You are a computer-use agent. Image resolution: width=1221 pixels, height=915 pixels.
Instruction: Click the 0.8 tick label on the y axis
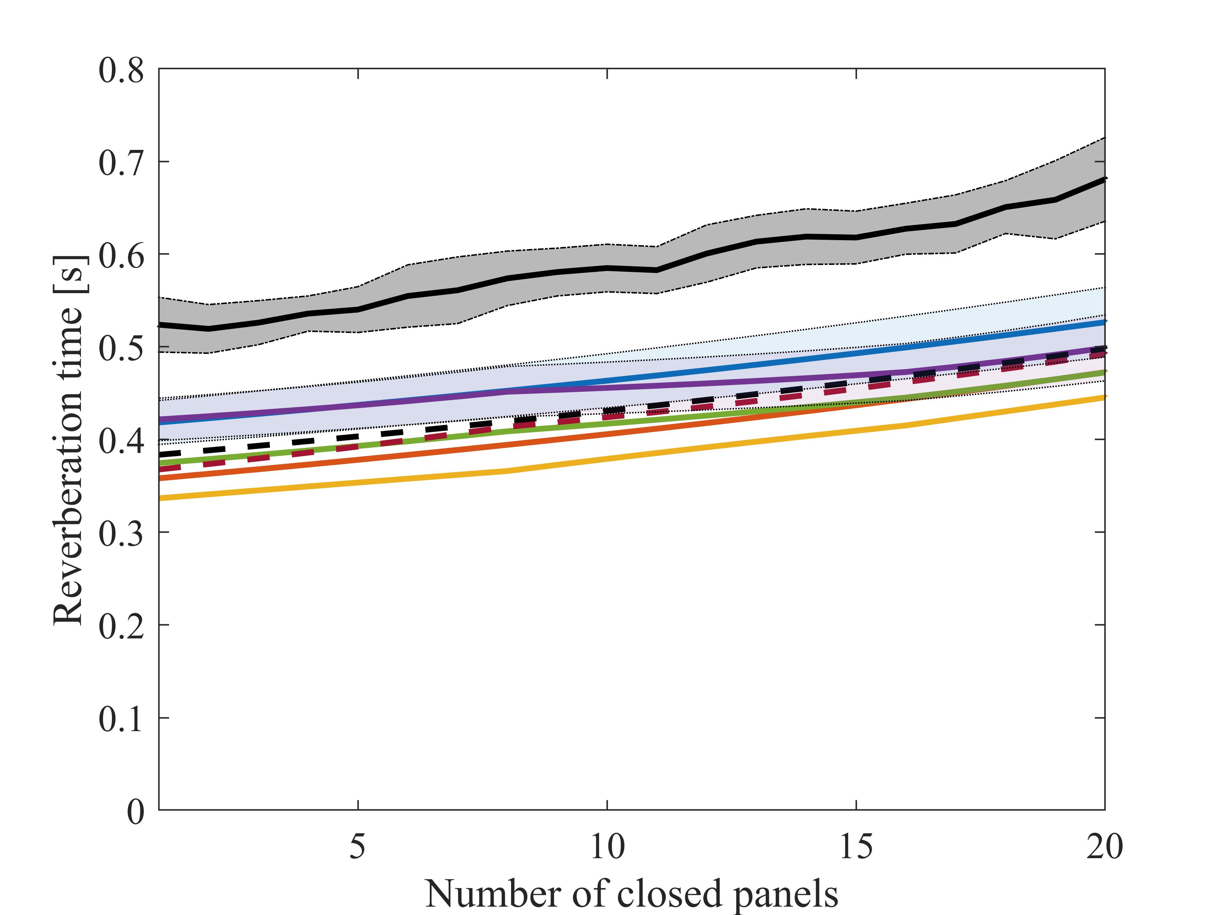[x=121, y=71]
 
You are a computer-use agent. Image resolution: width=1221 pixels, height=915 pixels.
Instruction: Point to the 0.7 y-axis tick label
[x=121, y=163]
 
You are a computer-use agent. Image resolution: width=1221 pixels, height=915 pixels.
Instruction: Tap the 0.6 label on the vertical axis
[x=121, y=256]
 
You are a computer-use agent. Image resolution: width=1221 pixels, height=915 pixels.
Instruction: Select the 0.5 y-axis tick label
[x=121, y=349]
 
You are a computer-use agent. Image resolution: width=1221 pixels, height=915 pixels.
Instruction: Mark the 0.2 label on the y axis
[x=121, y=626]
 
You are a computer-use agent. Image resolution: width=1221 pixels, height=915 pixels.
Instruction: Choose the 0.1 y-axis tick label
[x=121, y=719]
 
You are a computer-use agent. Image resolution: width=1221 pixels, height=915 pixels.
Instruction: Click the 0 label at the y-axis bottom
[x=135, y=811]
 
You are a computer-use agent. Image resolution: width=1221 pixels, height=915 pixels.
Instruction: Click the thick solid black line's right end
[x=1104, y=179]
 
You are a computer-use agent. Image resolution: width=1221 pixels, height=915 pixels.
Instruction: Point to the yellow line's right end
[x=1104, y=397]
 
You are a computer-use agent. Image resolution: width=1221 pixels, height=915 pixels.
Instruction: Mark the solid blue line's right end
[x=1104, y=321]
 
